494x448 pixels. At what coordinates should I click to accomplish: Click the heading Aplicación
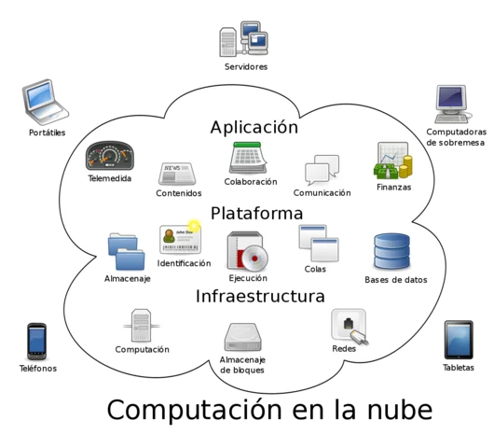click(x=254, y=127)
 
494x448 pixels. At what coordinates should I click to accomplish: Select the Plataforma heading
click(x=256, y=213)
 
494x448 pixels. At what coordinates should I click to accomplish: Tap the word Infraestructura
click(x=260, y=297)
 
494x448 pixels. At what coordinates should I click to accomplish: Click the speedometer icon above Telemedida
click(x=110, y=156)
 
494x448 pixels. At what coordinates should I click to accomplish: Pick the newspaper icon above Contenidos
click(x=177, y=173)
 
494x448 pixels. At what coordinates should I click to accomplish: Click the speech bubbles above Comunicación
click(x=322, y=170)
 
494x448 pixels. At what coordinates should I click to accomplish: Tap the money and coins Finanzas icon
click(x=392, y=161)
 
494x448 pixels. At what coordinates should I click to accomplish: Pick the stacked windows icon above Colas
click(x=317, y=243)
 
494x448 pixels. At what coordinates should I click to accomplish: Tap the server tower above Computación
click(x=141, y=326)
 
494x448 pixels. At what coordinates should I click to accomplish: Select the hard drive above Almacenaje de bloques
click(x=242, y=337)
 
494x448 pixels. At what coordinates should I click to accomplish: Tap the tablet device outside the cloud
click(x=459, y=341)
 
